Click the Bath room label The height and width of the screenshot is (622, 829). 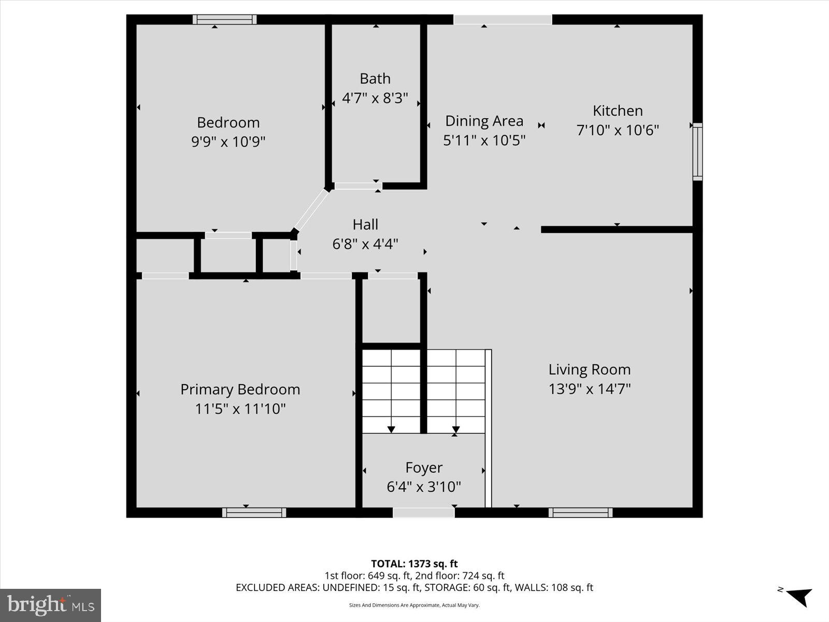tap(375, 79)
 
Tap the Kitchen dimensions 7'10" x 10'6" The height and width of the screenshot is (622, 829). tap(618, 130)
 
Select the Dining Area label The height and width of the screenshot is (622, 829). tap(484, 121)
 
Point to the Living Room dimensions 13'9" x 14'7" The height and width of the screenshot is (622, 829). tap(590, 389)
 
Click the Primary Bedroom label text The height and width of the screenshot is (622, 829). tap(240, 389)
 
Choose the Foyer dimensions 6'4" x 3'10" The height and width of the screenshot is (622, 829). tap(424, 487)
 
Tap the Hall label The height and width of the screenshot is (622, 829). tap(365, 224)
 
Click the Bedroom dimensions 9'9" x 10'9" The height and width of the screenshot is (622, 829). tap(228, 142)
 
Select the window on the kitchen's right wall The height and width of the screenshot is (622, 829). tap(697, 152)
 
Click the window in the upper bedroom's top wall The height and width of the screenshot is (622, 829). tap(224, 20)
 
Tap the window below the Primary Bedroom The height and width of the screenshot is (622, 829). tap(254, 513)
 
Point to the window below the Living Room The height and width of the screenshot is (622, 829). tap(580, 513)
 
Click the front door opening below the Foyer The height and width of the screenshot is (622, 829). tap(423, 513)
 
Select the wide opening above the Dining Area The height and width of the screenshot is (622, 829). tap(502, 20)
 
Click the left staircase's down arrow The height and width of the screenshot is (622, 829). tap(391, 429)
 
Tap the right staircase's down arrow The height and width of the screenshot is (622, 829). tap(455, 429)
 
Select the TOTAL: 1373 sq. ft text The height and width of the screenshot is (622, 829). tap(414, 563)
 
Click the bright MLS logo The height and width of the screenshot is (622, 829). tap(50, 605)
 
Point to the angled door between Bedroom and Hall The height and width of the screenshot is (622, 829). tap(311, 210)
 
